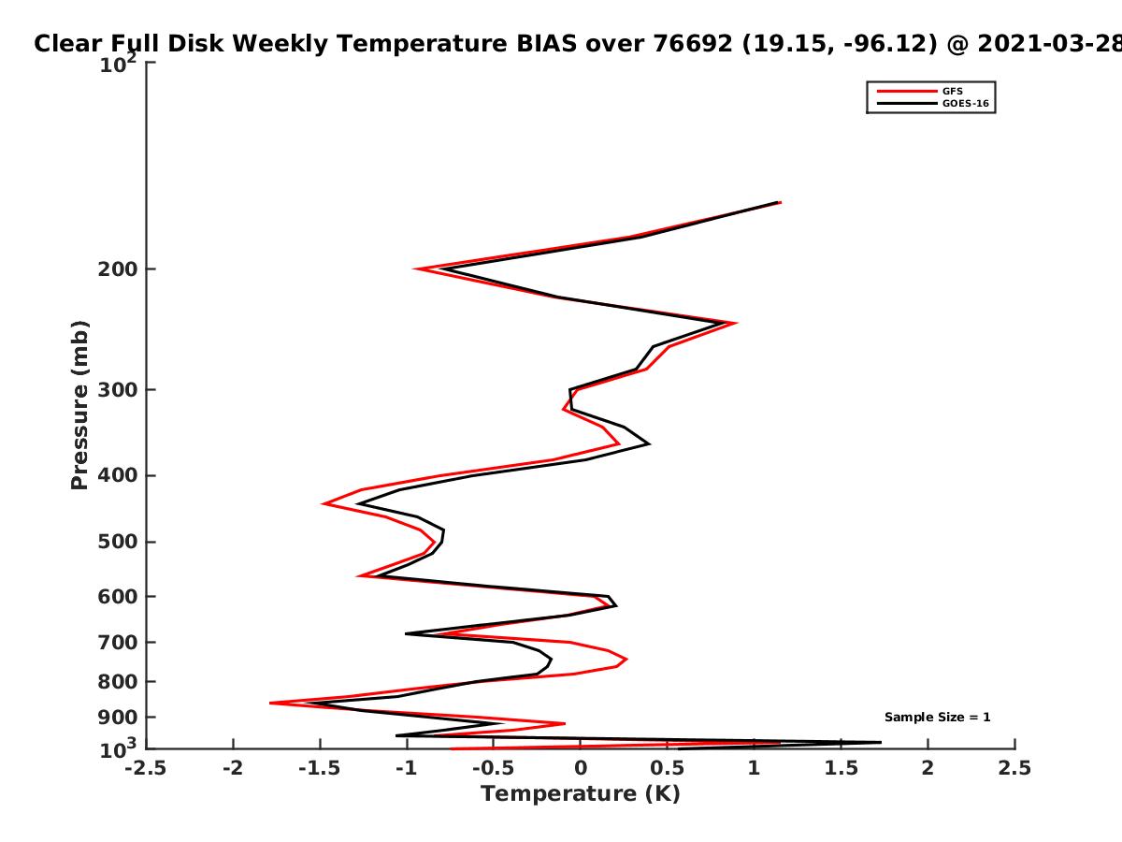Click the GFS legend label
point(952,92)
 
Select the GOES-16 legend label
point(965,104)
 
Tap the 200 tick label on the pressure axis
point(118,269)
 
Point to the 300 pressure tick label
point(118,390)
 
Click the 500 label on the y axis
point(118,542)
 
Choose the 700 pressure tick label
point(118,642)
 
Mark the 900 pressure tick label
point(118,718)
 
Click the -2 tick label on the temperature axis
point(233,768)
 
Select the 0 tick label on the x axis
point(581,768)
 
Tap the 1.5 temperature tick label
point(841,768)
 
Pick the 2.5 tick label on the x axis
point(1014,768)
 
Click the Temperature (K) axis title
point(581,794)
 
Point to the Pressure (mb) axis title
point(79,405)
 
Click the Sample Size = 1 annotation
point(937,718)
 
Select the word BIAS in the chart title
point(546,44)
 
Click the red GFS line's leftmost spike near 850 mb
point(270,703)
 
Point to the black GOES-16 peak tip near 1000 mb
point(881,742)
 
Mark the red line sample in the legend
point(907,92)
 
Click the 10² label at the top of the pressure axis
point(118,64)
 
